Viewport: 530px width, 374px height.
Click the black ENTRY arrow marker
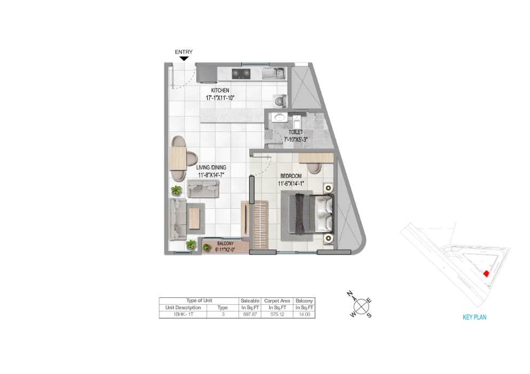coord(184,59)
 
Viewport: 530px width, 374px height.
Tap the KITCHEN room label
coord(220,91)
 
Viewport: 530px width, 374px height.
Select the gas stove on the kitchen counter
coord(241,73)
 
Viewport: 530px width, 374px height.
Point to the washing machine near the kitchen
coord(279,100)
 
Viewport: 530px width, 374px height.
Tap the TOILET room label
coord(296,132)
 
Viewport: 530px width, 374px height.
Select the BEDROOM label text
coord(290,176)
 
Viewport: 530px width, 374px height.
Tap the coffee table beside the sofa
coord(195,217)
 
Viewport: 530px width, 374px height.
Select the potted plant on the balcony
coord(207,247)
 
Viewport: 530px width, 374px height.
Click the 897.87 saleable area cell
coord(250,315)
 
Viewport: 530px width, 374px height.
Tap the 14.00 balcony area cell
coord(304,315)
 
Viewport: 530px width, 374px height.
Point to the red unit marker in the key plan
coord(486,273)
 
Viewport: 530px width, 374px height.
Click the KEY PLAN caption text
coord(474,317)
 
